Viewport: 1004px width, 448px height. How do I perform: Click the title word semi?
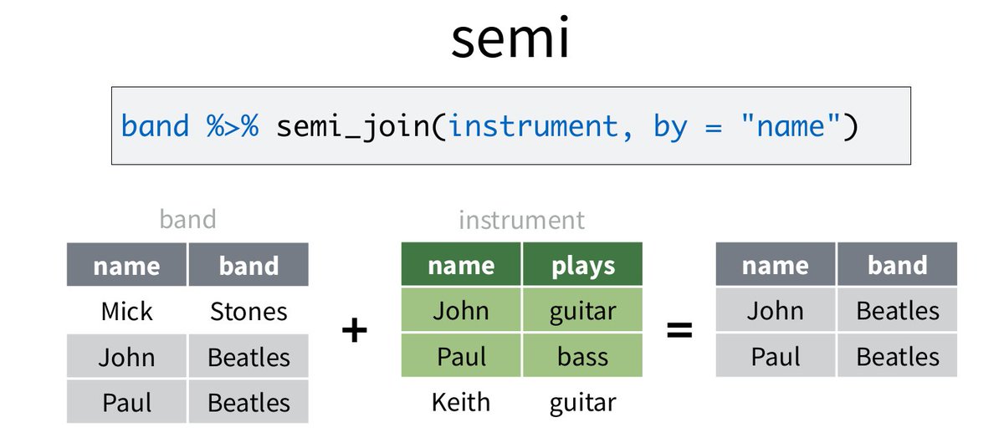(x=510, y=38)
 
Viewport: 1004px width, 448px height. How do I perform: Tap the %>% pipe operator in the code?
(x=232, y=126)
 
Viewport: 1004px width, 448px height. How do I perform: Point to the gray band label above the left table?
(x=187, y=219)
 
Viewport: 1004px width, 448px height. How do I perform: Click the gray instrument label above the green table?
(x=521, y=220)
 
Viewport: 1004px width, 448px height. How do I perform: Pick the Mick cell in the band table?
(x=127, y=312)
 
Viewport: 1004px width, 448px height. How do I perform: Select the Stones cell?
(x=248, y=312)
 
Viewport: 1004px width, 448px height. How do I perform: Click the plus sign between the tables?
(x=355, y=331)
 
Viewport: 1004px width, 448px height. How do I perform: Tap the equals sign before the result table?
(x=679, y=331)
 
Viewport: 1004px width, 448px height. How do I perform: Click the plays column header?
(x=582, y=266)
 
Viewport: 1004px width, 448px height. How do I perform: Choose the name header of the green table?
(x=461, y=266)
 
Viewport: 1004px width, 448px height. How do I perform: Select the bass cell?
(x=582, y=357)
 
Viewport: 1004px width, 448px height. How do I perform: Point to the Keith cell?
(x=461, y=402)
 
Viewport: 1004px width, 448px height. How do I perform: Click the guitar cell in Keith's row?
(x=582, y=402)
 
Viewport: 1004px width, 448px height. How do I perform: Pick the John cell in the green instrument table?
(x=461, y=311)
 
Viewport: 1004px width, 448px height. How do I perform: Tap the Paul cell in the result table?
(x=776, y=357)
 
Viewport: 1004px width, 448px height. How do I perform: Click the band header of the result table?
(x=897, y=266)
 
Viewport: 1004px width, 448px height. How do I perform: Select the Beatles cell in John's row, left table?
(x=248, y=357)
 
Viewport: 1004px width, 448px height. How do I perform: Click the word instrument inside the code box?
(x=532, y=126)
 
